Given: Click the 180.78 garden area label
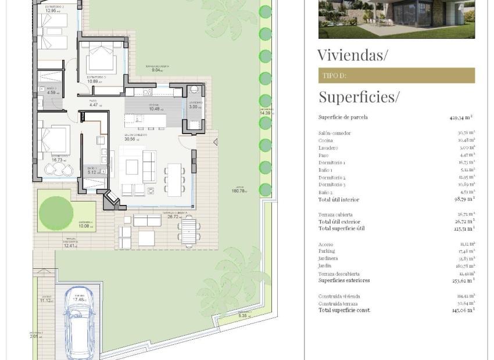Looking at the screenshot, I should pos(239,190).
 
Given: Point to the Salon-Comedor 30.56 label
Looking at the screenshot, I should pos(135,137).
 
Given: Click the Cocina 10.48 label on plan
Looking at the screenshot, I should pos(154,107).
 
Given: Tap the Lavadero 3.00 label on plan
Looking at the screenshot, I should pos(195,105).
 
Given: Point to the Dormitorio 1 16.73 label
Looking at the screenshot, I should pos(60,158).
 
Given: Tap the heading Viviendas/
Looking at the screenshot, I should pos(352,55).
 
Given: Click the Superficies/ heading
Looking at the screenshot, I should pos(359,96).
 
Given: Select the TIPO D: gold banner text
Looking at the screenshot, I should pos(334,75).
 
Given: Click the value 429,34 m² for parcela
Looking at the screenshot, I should pos(461,117).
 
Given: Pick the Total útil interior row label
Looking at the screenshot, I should pos(339,200).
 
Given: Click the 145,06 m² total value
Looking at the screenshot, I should pos(463,310).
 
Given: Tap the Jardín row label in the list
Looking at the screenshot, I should pos(325,266).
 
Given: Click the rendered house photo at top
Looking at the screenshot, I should pos(396,19).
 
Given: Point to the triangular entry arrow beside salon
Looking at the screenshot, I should pos(215,142).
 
